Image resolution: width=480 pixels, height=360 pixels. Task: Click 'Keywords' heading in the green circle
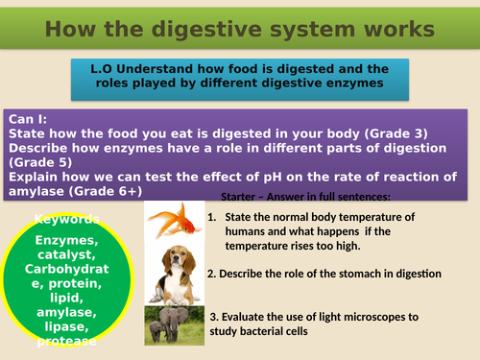click(x=58, y=219)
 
